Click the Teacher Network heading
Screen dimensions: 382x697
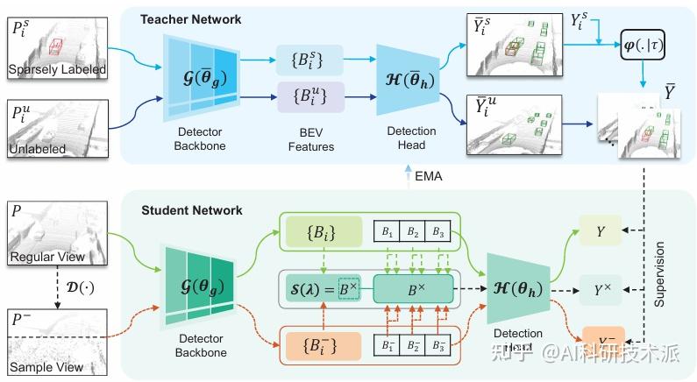pos(191,18)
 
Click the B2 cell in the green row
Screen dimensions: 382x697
pos(411,233)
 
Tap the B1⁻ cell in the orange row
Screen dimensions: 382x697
pos(387,343)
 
